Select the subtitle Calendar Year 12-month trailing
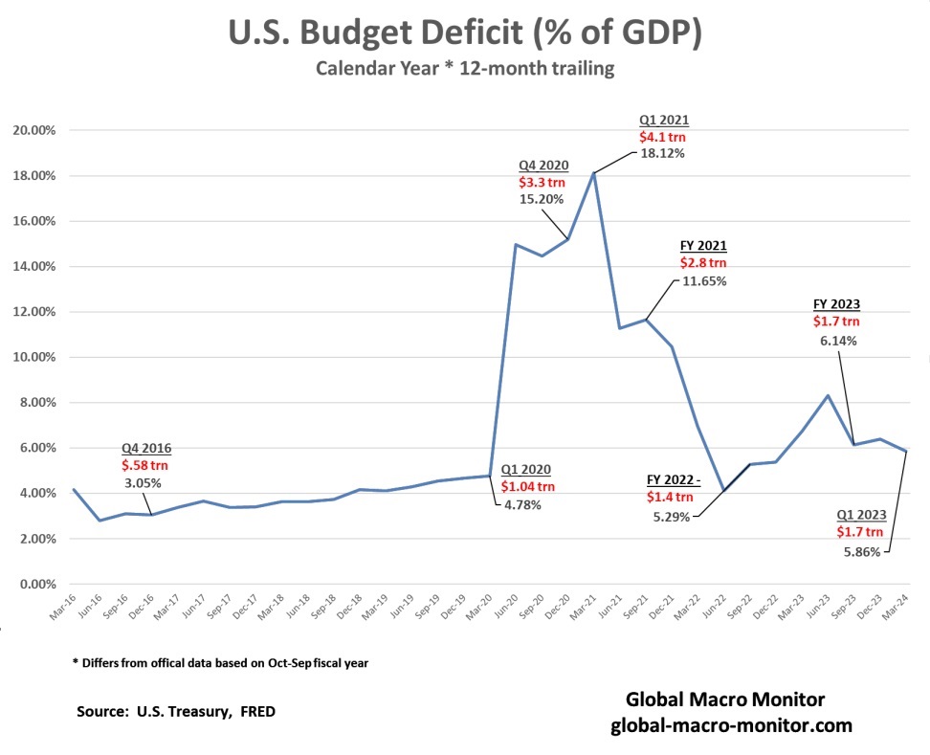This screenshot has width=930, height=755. coord(464,70)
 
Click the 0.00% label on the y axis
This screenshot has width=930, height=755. coord(40,584)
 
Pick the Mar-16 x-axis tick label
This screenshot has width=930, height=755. coord(61,611)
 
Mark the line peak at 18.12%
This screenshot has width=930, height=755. coord(594,173)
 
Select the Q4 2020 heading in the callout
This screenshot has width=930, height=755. coord(542,165)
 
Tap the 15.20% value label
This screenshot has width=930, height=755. coord(542,199)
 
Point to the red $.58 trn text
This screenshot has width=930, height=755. coord(145,464)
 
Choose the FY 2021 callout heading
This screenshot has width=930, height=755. coord(702,245)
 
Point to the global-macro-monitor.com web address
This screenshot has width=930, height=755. coord(731,725)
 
